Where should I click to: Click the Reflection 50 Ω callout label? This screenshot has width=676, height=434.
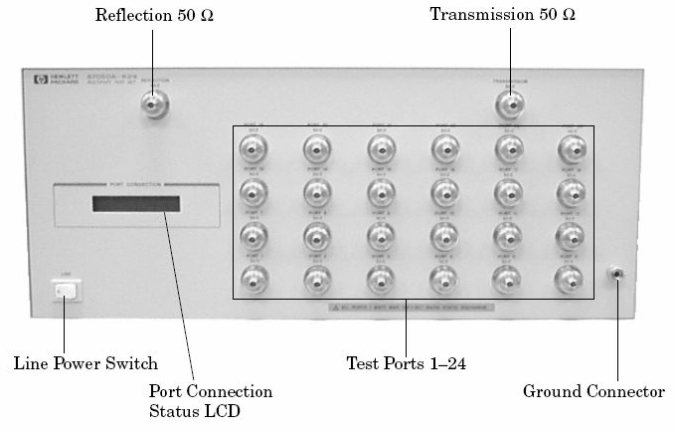point(154,15)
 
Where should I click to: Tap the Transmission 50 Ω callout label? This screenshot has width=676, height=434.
point(502,15)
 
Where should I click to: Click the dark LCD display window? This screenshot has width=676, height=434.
point(136,203)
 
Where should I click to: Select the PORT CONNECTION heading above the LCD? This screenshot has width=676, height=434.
point(136,184)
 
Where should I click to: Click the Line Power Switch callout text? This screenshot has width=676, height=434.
point(85,363)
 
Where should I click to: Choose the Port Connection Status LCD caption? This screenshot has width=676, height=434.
point(210,400)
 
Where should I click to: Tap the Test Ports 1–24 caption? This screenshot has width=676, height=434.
point(406,363)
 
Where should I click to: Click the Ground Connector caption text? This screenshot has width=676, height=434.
point(593,391)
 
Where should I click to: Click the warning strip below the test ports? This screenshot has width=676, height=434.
point(413,309)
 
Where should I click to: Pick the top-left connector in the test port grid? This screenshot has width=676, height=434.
point(252,150)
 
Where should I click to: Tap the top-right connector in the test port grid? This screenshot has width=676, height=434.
point(570,150)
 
